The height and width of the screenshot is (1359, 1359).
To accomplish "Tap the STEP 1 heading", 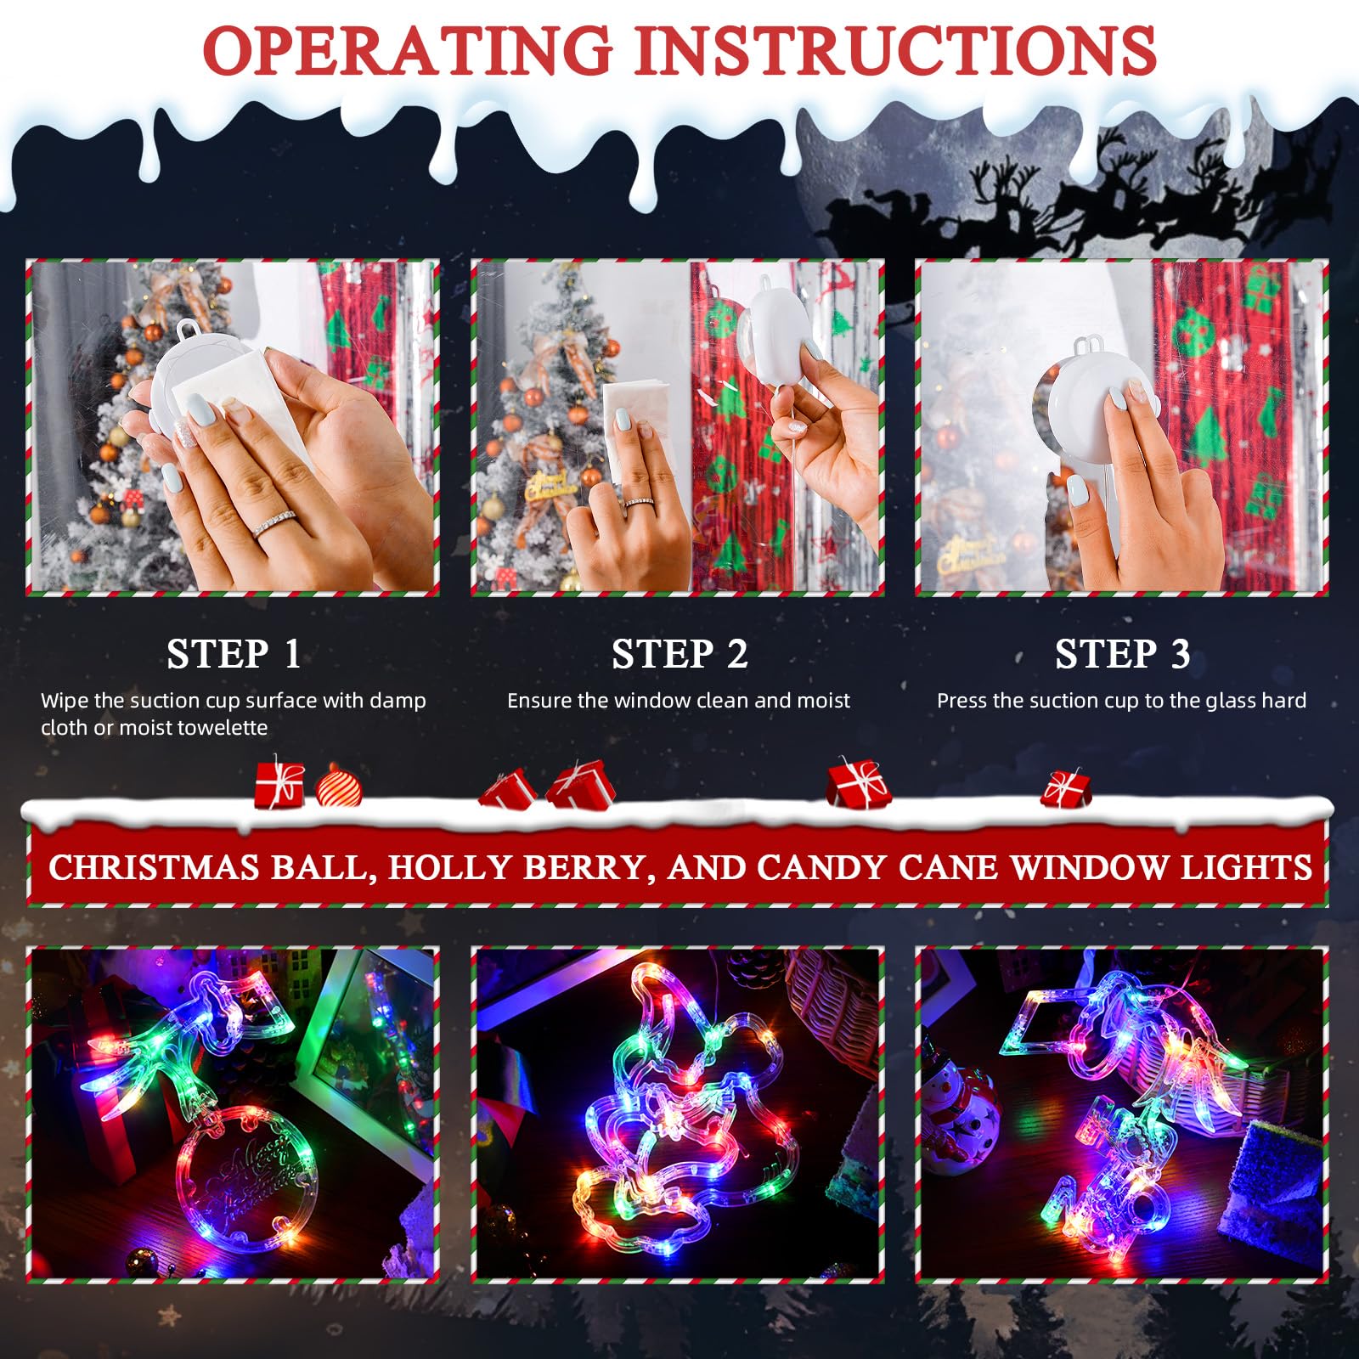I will pyautogui.click(x=234, y=654).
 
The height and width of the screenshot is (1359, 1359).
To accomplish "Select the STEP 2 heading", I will pyautogui.click(x=679, y=654).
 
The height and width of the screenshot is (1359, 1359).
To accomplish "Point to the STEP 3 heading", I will pyautogui.click(x=1122, y=654).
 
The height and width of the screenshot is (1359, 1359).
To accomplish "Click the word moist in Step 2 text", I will pyautogui.click(x=823, y=701).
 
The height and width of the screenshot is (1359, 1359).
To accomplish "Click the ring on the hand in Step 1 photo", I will pyautogui.click(x=273, y=524).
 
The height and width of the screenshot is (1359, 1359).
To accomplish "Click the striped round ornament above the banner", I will pyautogui.click(x=339, y=787).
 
